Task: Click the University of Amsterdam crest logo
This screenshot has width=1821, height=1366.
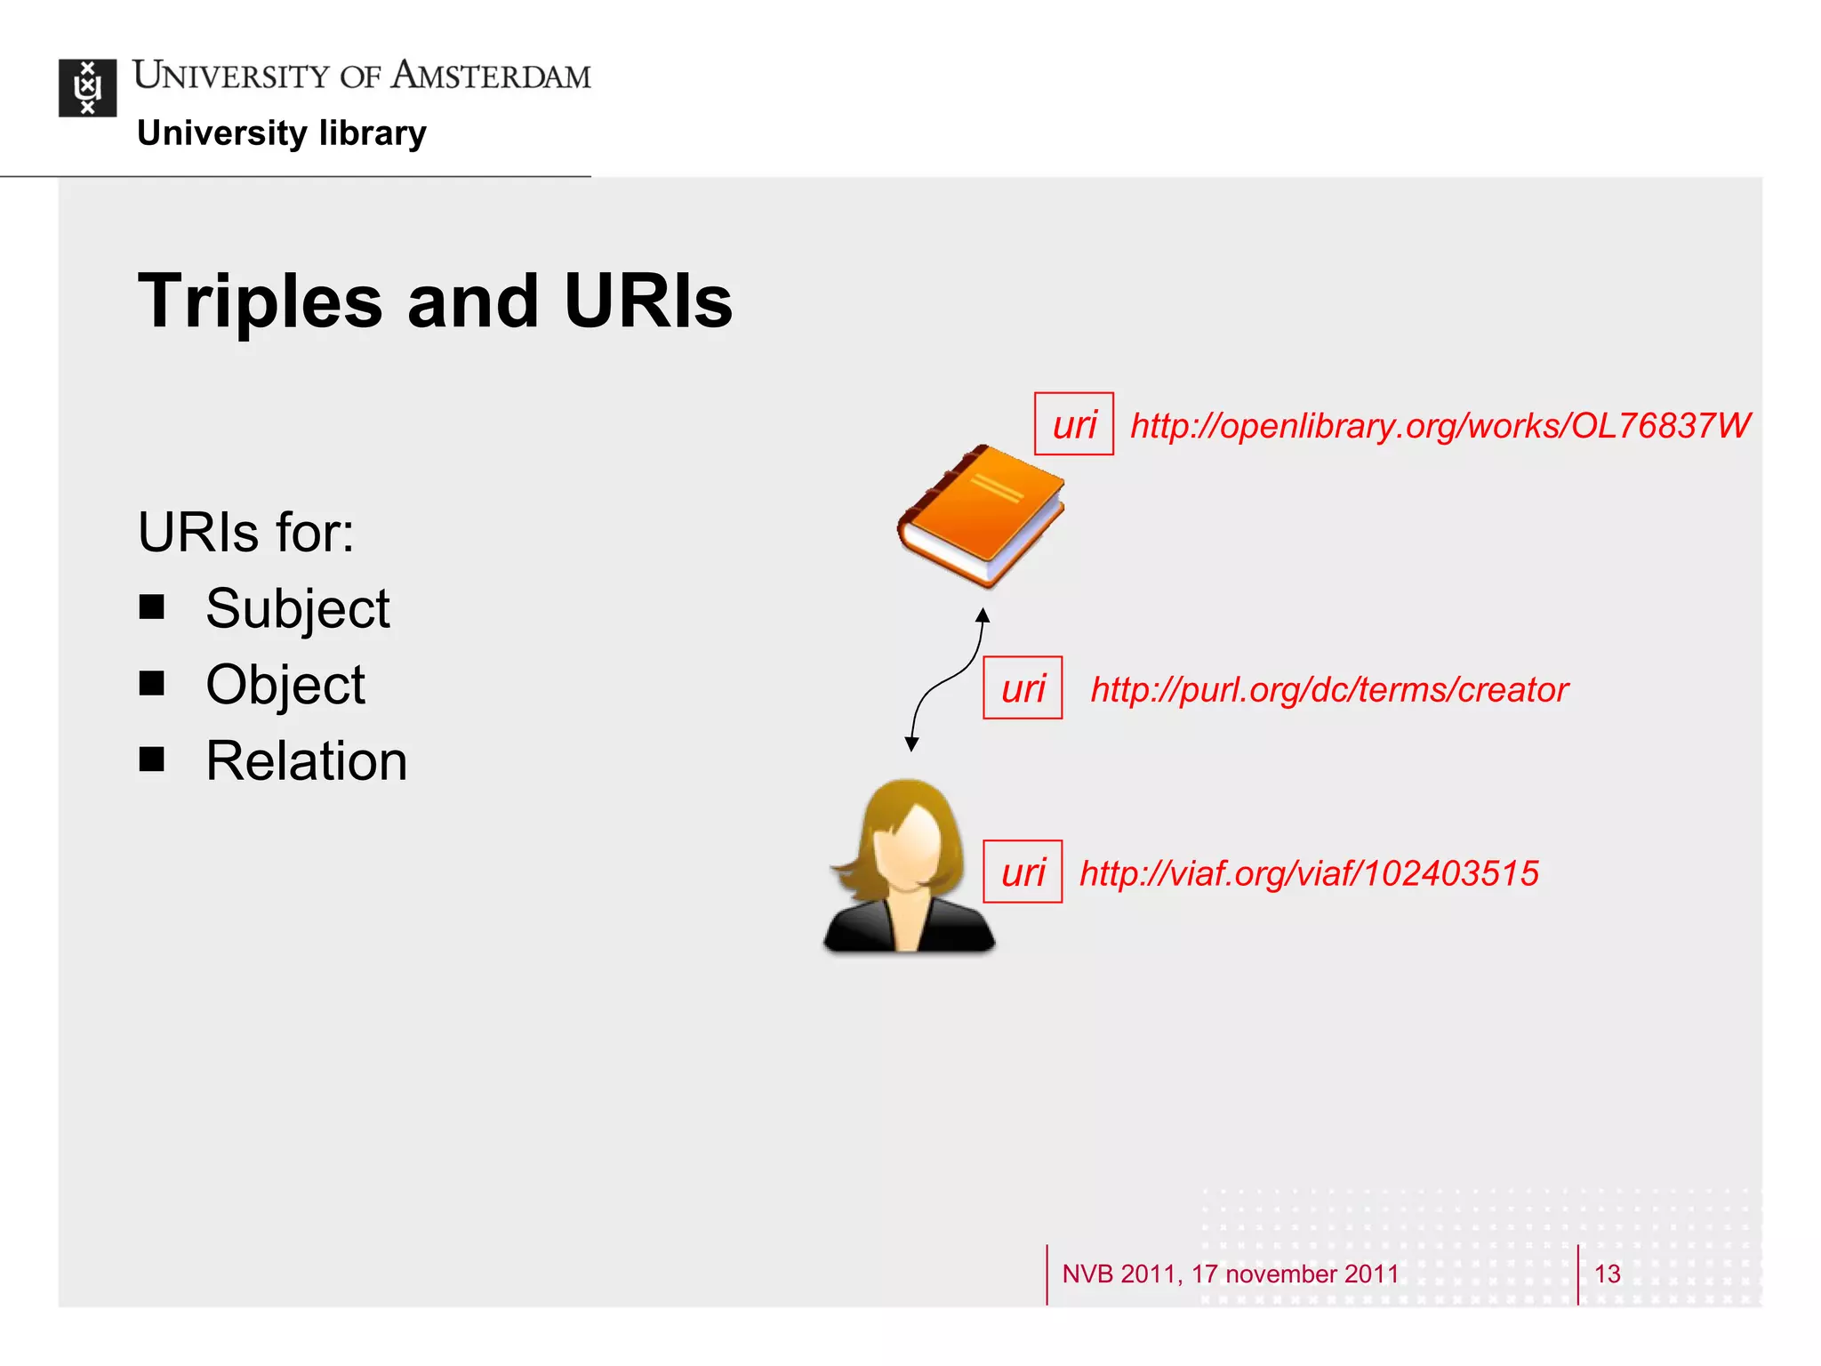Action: click(87, 87)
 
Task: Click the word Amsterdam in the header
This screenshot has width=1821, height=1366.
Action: click(491, 76)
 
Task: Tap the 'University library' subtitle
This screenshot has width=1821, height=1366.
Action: click(282, 133)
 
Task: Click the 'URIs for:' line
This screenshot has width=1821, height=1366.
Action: click(246, 533)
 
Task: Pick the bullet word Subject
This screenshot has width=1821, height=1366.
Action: click(297, 609)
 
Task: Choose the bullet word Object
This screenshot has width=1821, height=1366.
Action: click(285, 686)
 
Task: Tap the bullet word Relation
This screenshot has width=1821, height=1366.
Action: click(306, 762)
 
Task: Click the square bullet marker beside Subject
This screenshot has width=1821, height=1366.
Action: click(152, 607)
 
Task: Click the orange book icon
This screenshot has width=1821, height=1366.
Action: click(981, 516)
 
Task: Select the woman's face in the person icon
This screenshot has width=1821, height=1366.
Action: click(907, 845)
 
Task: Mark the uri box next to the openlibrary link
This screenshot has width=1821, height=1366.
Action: click(1074, 424)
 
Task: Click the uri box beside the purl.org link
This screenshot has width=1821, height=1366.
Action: click(1023, 688)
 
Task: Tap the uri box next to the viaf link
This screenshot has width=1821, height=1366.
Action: click(1023, 872)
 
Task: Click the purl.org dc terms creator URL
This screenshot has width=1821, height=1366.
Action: click(1329, 690)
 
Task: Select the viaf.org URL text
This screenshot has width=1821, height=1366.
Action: click(1309, 873)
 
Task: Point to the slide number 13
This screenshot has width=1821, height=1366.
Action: click(1607, 1274)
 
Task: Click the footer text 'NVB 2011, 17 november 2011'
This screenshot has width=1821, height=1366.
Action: click(1231, 1274)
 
